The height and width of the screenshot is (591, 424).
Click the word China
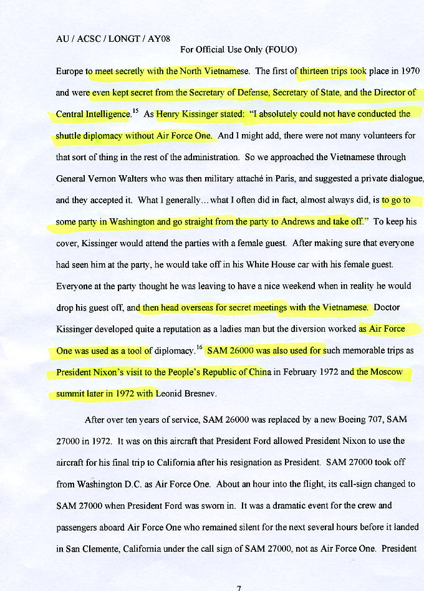tap(257, 372)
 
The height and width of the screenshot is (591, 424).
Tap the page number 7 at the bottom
tap(238, 587)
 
